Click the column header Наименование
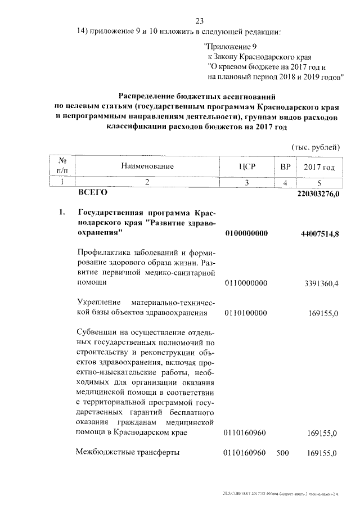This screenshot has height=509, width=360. coord(146,166)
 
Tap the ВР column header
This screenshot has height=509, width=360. coord(285,166)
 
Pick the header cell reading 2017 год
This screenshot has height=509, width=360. coord(319,166)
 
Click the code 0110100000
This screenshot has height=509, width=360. coord(245,313)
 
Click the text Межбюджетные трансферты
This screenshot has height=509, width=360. coord(128,452)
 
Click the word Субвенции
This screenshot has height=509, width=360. coord(96,332)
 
